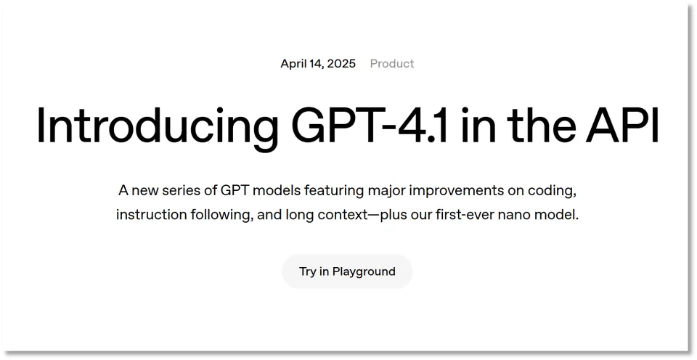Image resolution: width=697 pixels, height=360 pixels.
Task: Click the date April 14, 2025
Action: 318,64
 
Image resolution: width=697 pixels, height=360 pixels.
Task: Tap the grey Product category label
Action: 392,64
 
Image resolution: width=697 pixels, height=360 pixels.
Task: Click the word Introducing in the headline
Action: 158,126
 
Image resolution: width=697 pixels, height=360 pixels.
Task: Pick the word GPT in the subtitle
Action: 232,191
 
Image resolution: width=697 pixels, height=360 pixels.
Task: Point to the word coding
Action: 552,192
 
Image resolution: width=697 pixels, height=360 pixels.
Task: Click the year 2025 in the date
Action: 341,64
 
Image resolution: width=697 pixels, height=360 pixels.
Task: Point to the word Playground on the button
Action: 364,272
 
